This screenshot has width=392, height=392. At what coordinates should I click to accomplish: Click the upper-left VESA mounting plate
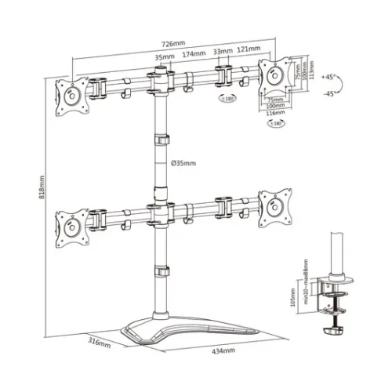pos(71,95)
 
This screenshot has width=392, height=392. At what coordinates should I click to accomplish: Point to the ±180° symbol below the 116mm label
pos(275,123)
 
